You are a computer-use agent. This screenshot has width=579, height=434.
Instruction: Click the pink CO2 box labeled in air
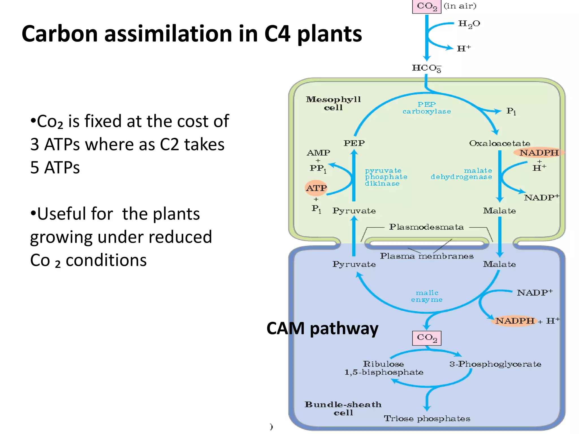[x=427, y=6]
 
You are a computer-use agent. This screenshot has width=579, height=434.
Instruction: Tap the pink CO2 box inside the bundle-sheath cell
[x=427, y=338]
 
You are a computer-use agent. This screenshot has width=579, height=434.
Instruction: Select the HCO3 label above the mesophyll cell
[x=426, y=68]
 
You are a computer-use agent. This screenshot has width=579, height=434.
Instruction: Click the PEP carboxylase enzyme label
[x=427, y=108]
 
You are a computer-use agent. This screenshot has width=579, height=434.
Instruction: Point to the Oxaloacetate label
[x=500, y=144]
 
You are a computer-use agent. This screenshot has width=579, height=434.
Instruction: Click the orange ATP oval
[x=316, y=188]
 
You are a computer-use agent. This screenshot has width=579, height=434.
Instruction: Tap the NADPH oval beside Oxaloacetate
[x=539, y=153]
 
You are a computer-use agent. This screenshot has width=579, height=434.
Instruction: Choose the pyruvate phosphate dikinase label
[x=386, y=177]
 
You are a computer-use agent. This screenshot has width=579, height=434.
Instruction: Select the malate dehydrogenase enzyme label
[x=461, y=174]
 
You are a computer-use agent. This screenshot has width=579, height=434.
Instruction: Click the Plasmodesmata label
[x=426, y=227]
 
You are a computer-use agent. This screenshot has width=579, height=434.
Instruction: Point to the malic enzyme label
[x=427, y=296]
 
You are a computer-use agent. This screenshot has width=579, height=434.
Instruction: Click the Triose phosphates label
[x=427, y=418]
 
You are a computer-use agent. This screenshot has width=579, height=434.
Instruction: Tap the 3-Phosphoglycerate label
[x=495, y=364]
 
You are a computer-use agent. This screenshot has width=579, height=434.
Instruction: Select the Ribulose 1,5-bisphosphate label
[x=384, y=368]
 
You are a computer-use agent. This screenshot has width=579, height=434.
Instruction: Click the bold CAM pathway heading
[x=322, y=329]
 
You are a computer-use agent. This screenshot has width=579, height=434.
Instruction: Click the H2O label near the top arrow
[x=469, y=24]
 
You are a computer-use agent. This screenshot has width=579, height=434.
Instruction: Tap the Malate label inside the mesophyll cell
[x=499, y=211]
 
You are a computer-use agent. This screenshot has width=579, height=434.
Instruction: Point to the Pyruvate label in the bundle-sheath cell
[x=354, y=264]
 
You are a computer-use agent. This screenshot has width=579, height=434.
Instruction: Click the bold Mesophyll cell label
[x=333, y=103]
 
